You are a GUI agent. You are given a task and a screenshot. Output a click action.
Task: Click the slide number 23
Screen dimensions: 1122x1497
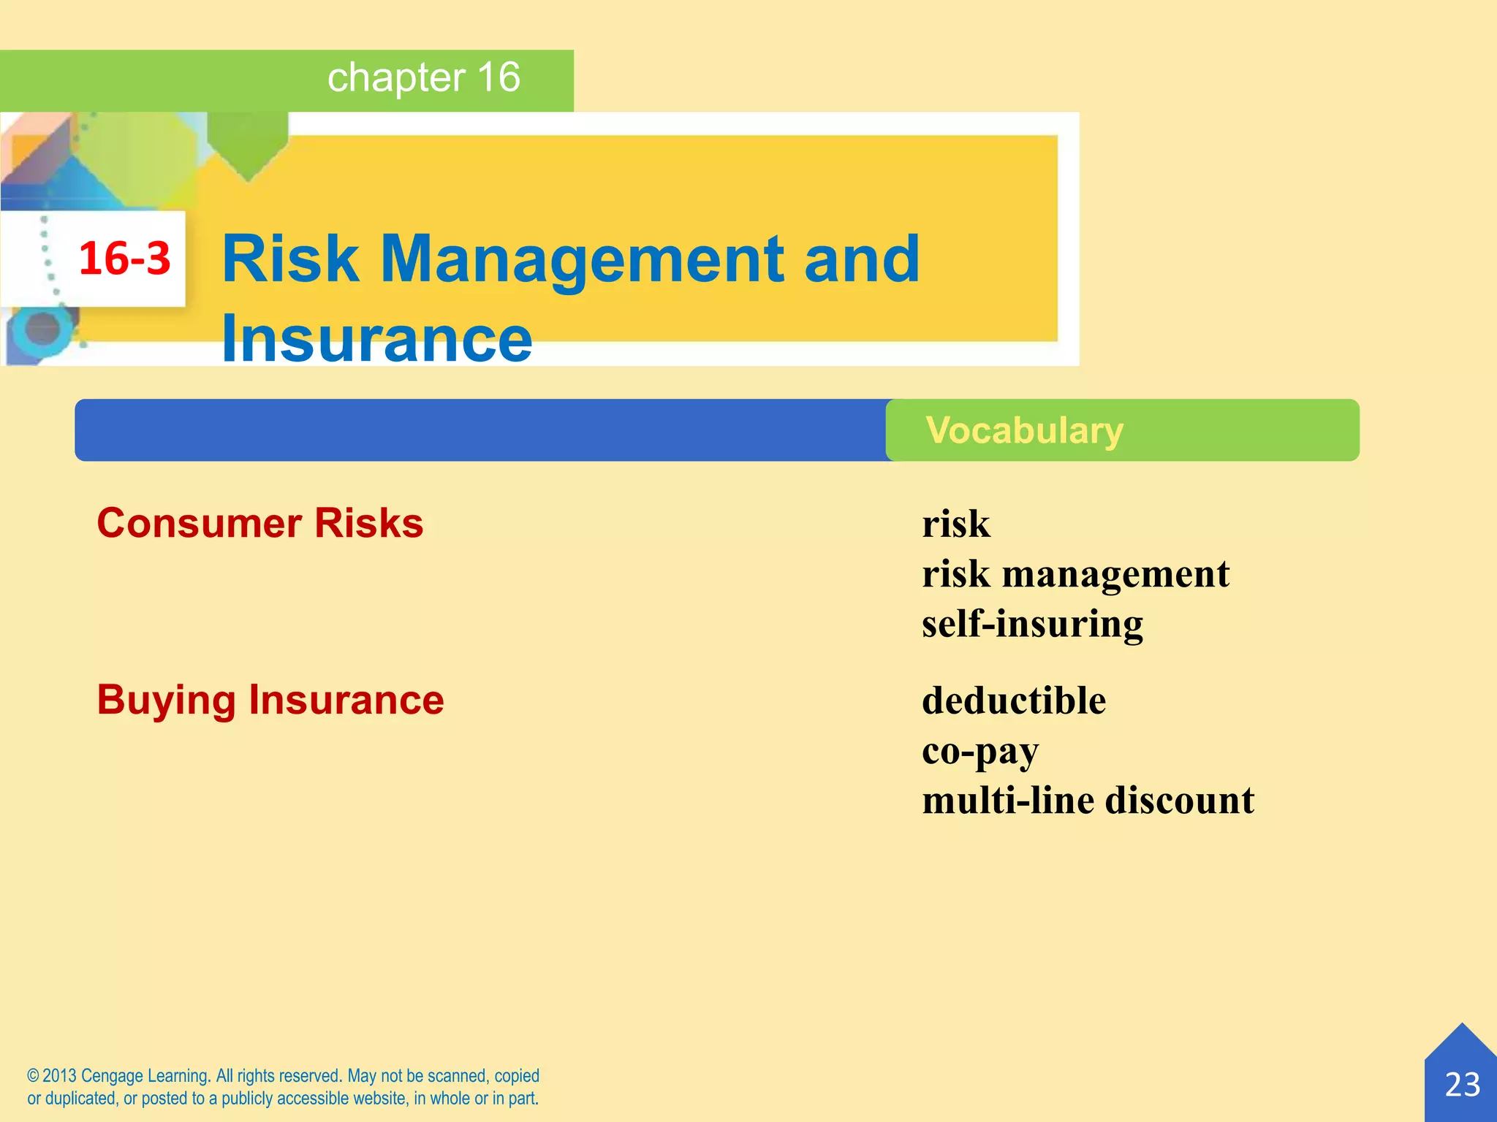pyautogui.click(x=1462, y=1085)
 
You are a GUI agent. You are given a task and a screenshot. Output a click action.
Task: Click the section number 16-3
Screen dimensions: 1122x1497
pyautogui.click(x=124, y=259)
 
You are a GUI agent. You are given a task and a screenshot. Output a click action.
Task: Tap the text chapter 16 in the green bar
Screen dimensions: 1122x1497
pyautogui.click(x=423, y=77)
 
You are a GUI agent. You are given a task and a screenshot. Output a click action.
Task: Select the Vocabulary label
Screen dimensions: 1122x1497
pyautogui.click(x=1024, y=430)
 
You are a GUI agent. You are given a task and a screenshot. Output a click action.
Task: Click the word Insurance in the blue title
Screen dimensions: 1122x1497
pyautogui.click(x=376, y=337)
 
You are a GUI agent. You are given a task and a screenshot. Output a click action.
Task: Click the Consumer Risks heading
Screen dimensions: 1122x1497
pyautogui.click(x=260, y=523)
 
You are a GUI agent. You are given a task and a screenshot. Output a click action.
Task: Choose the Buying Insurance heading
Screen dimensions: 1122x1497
pyautogui.click(x=270, y=700)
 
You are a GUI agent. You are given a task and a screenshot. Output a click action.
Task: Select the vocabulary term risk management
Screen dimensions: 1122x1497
pyautogui.click(x=1075, y=574)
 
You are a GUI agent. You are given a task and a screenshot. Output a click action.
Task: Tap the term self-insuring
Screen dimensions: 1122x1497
pyautogui.click(x=1032, y=625)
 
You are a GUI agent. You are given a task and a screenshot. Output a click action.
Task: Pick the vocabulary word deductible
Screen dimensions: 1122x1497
pyautogui.click(x=1014, y=701)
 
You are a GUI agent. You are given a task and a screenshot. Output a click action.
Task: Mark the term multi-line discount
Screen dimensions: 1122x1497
pyautogui.click(x=1088, y=801)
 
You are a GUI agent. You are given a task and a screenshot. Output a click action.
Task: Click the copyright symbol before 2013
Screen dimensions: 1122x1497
pyautogui.click(x=33, y=1076)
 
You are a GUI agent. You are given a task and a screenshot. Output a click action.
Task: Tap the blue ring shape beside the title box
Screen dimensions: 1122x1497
pyautogui.click(x=42, y=329)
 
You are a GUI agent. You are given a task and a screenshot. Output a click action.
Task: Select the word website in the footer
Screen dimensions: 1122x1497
pyautogui.click(x=372, y=1099)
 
